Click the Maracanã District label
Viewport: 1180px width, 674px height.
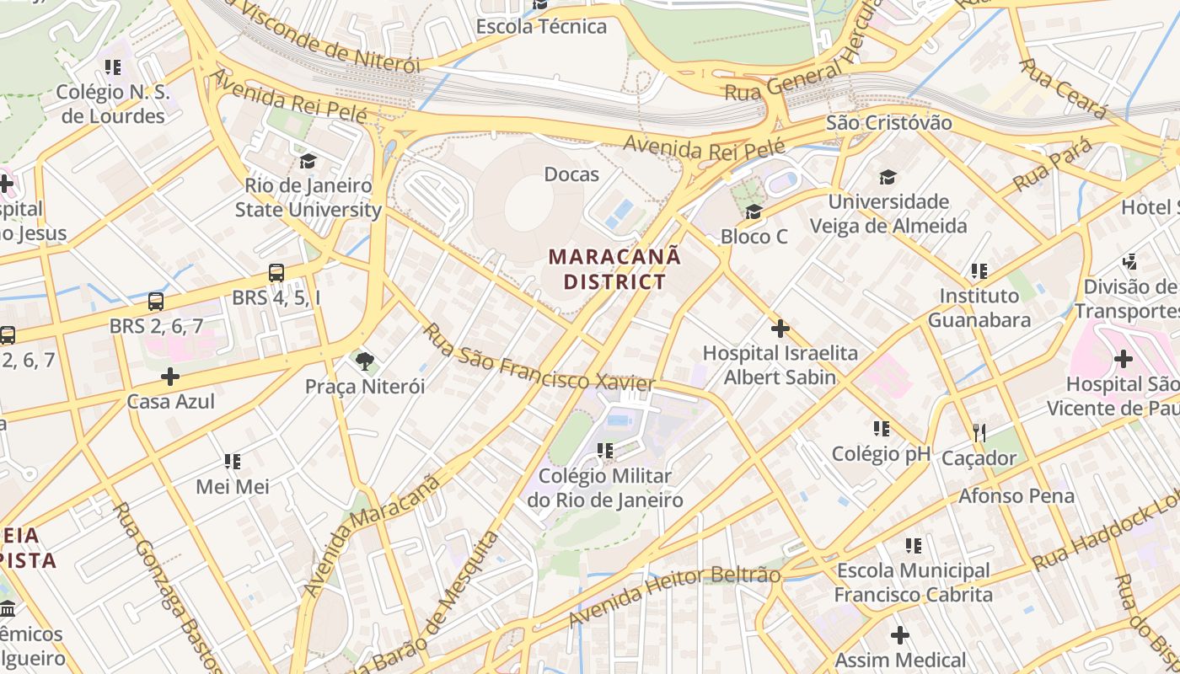[x=614, y=268]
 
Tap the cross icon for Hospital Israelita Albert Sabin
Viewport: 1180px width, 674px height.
[x=780, y=328]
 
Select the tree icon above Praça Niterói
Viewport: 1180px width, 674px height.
[x=365, y=362]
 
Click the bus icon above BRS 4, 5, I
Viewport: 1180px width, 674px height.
[x=276, y=273]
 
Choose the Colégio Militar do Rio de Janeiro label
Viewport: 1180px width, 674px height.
[x=605, y=488]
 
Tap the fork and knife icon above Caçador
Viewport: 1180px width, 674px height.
[x=979, y=433]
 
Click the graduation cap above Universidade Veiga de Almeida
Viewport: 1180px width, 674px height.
[x=888, y=177]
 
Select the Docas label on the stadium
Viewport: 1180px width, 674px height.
[x=571, y=174]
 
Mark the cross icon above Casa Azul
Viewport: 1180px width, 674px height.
[x=170, y=377]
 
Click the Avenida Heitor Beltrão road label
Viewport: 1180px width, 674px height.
[x=674, y=596]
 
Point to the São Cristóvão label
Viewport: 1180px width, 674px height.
[x=888, y=123]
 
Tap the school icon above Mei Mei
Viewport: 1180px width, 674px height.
[x=233, y=462]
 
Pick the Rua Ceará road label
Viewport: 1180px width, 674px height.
[x=1062, y=88]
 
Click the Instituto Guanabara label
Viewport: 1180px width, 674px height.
[x=979, y=308]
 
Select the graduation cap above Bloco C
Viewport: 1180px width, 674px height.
[x=754, y=211]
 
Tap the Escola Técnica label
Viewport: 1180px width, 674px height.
[x=541, y=26]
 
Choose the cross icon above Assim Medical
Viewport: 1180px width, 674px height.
[x=900, y=634]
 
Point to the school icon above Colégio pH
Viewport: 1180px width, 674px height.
[x=882, y=429]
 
